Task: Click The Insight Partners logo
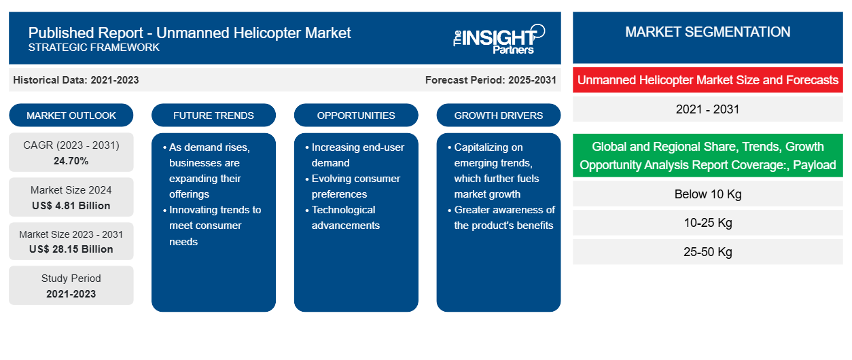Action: (x=499, y=39)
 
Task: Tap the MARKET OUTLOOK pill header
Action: (x=71, y=115)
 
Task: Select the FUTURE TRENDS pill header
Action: (x=213, y=115)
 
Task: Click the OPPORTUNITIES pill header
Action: (x=356, y=115)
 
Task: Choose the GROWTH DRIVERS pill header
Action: (x=498, y=115)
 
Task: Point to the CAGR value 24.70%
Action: (x=71, y=161)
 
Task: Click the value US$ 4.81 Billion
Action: (x=71, y=206)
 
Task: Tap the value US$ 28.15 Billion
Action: (x=71, y=249)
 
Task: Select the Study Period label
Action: (x=71, y=278)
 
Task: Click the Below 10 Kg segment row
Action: (x=707, y=194)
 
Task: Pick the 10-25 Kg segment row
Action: (x=707, y=222)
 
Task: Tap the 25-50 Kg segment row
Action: (x=707, y=251)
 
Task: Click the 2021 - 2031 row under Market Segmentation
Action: (x=707, y=109)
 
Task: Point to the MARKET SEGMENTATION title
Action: (x=707, y=32)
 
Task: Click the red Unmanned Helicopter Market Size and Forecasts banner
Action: (x=707, y=80)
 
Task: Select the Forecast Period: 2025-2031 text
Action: (x=491, y=80)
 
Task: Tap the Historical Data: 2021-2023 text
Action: (x=76, y=80)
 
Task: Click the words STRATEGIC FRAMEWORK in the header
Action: (x=94, y=48)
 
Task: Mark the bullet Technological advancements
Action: (x=342, y=217)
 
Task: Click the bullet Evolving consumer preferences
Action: (x=353, y=186)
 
